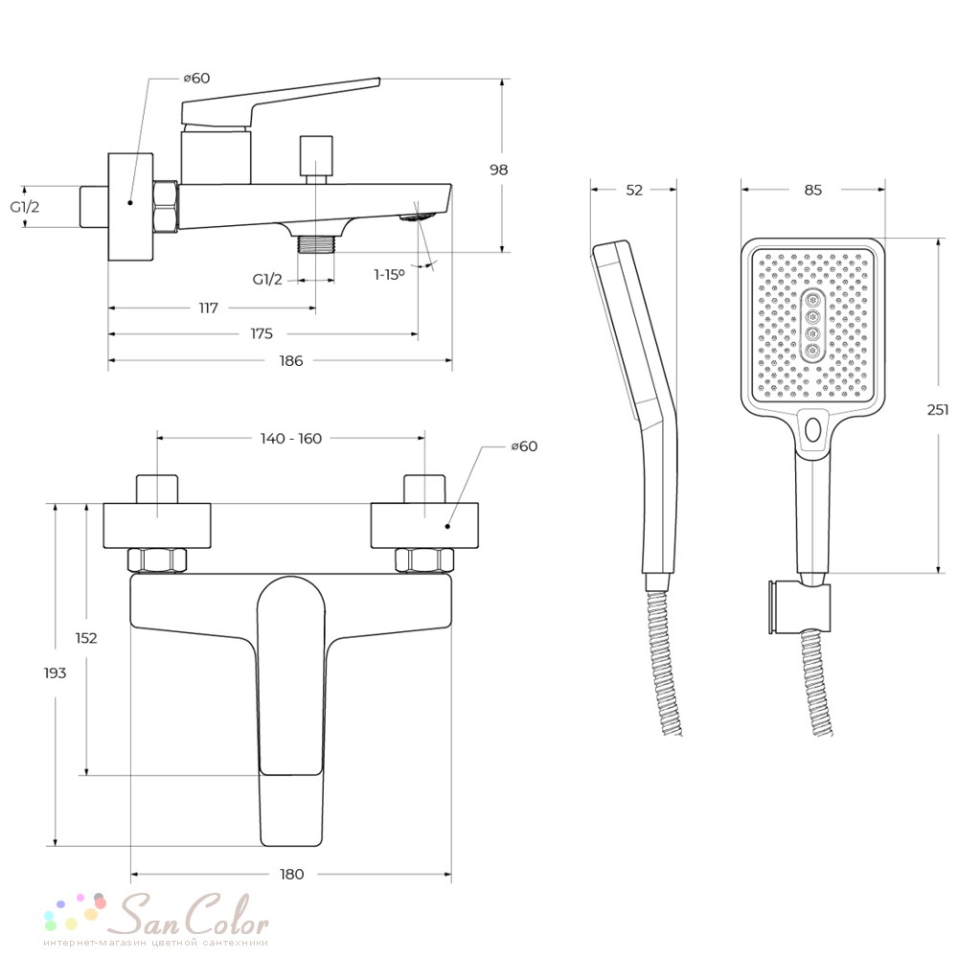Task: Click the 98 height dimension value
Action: [x=498, y=170]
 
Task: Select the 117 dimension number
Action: [x=208, y=308]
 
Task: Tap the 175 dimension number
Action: [x=262, y=333]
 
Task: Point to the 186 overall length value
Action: [x=291, y=360]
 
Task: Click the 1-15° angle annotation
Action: [x=389, y=275]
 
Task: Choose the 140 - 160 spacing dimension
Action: [x=291, y=439]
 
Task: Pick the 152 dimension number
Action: [x=86, y=638]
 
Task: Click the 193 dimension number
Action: [x=55, y=673]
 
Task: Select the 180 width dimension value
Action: [x=291, y=875]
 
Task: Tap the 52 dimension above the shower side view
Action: [x=634, y=190]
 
